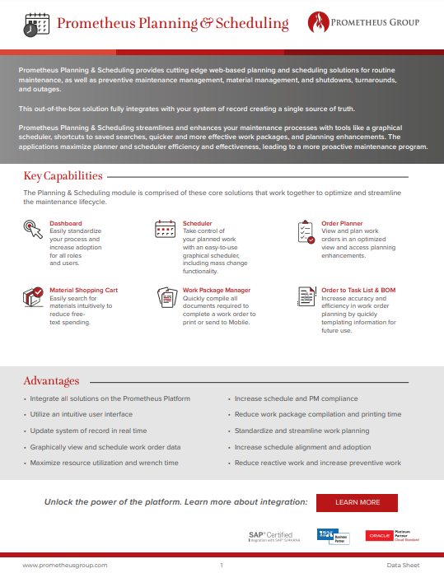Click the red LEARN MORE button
[358, 502]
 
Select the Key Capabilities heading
[63, 176]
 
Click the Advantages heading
[51, 381]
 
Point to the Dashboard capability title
[66, 223]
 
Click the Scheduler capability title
[197, 223]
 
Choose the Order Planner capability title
[342, 223]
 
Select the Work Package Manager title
[217, 291]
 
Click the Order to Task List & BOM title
[358, 291]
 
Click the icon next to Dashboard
[33, 230]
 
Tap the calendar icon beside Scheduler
[166, 230]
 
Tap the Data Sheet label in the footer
[403, 566]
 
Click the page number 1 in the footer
[222, 566]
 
